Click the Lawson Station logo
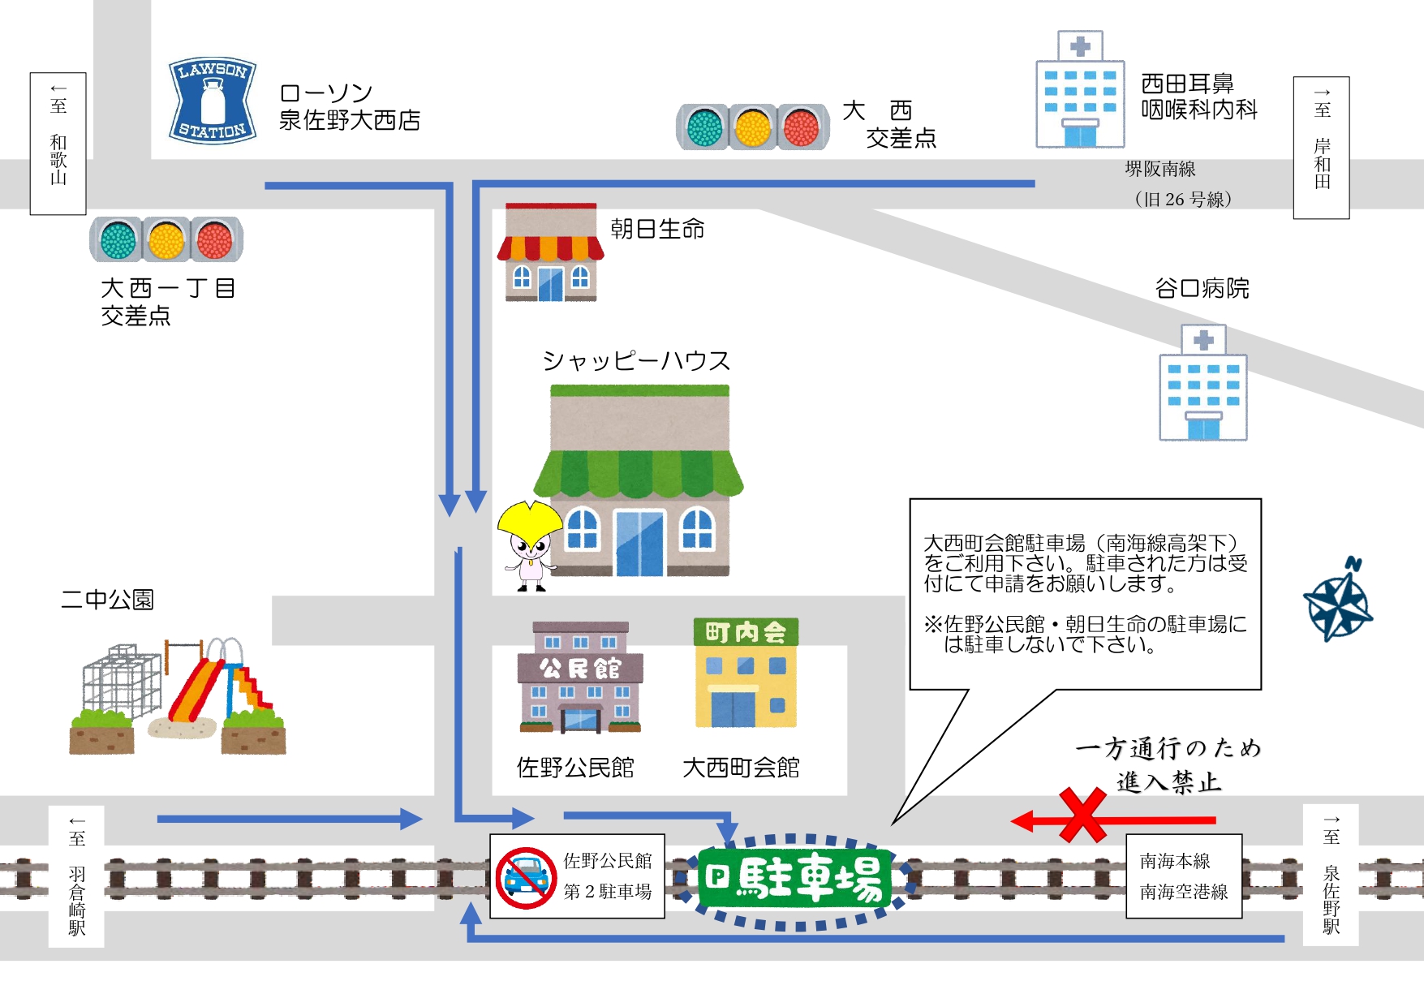213,101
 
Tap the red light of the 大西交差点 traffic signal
801,127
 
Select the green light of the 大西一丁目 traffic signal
118,239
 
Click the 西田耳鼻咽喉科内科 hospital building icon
1080,91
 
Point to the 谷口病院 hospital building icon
1203,384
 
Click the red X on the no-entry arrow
1082,815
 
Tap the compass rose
1338,601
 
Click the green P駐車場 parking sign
795,878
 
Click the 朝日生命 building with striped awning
551,253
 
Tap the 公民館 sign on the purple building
580,668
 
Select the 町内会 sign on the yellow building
746,632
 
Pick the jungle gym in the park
122,682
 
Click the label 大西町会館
741,768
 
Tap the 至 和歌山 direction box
58,144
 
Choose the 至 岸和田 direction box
1322,148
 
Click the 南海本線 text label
1175,861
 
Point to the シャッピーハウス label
636,360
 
